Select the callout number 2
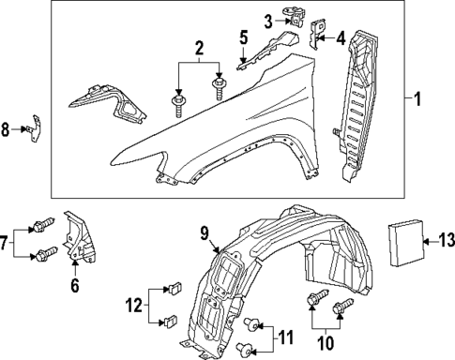199,48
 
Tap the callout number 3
267,21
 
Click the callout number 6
75,288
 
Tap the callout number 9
203,231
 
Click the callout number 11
288,337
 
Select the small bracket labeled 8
38,127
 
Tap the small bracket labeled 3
297,18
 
